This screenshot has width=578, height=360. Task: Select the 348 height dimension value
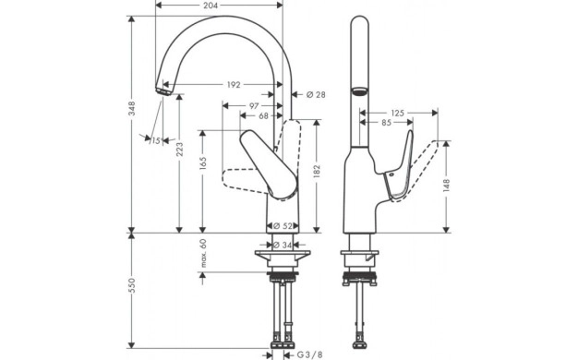132,108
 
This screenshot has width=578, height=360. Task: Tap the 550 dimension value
132,285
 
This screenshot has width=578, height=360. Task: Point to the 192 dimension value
234,85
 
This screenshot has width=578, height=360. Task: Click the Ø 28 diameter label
316,95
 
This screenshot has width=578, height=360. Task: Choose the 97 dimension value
254,106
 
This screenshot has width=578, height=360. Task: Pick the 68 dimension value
263,116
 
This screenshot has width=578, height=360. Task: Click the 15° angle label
156,140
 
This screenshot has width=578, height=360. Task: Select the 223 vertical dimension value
179,150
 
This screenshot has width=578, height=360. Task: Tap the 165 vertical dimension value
202,163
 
